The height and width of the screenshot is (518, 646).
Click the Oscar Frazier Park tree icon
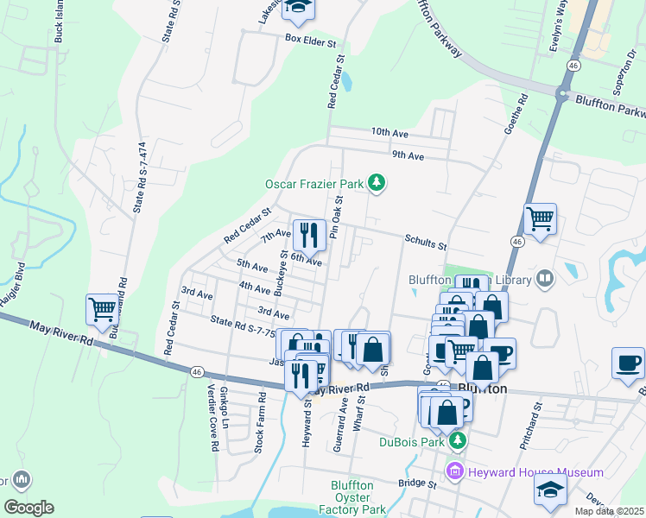click(x=376, y=182)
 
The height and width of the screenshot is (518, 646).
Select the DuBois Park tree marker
click(x=457, y=442)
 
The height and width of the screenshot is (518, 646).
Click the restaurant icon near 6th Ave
click(x=309, y=235)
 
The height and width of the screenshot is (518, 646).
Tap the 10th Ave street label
click(x=389, y=132)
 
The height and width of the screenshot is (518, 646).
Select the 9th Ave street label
click(x=407, y=156)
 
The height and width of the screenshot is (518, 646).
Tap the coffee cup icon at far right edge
click(x=628, y=363)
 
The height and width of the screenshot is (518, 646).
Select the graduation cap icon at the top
click(x=299, y=8)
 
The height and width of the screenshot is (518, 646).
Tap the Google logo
click(x=29, y=507)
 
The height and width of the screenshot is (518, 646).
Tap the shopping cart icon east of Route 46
click(x=540, y=219)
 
